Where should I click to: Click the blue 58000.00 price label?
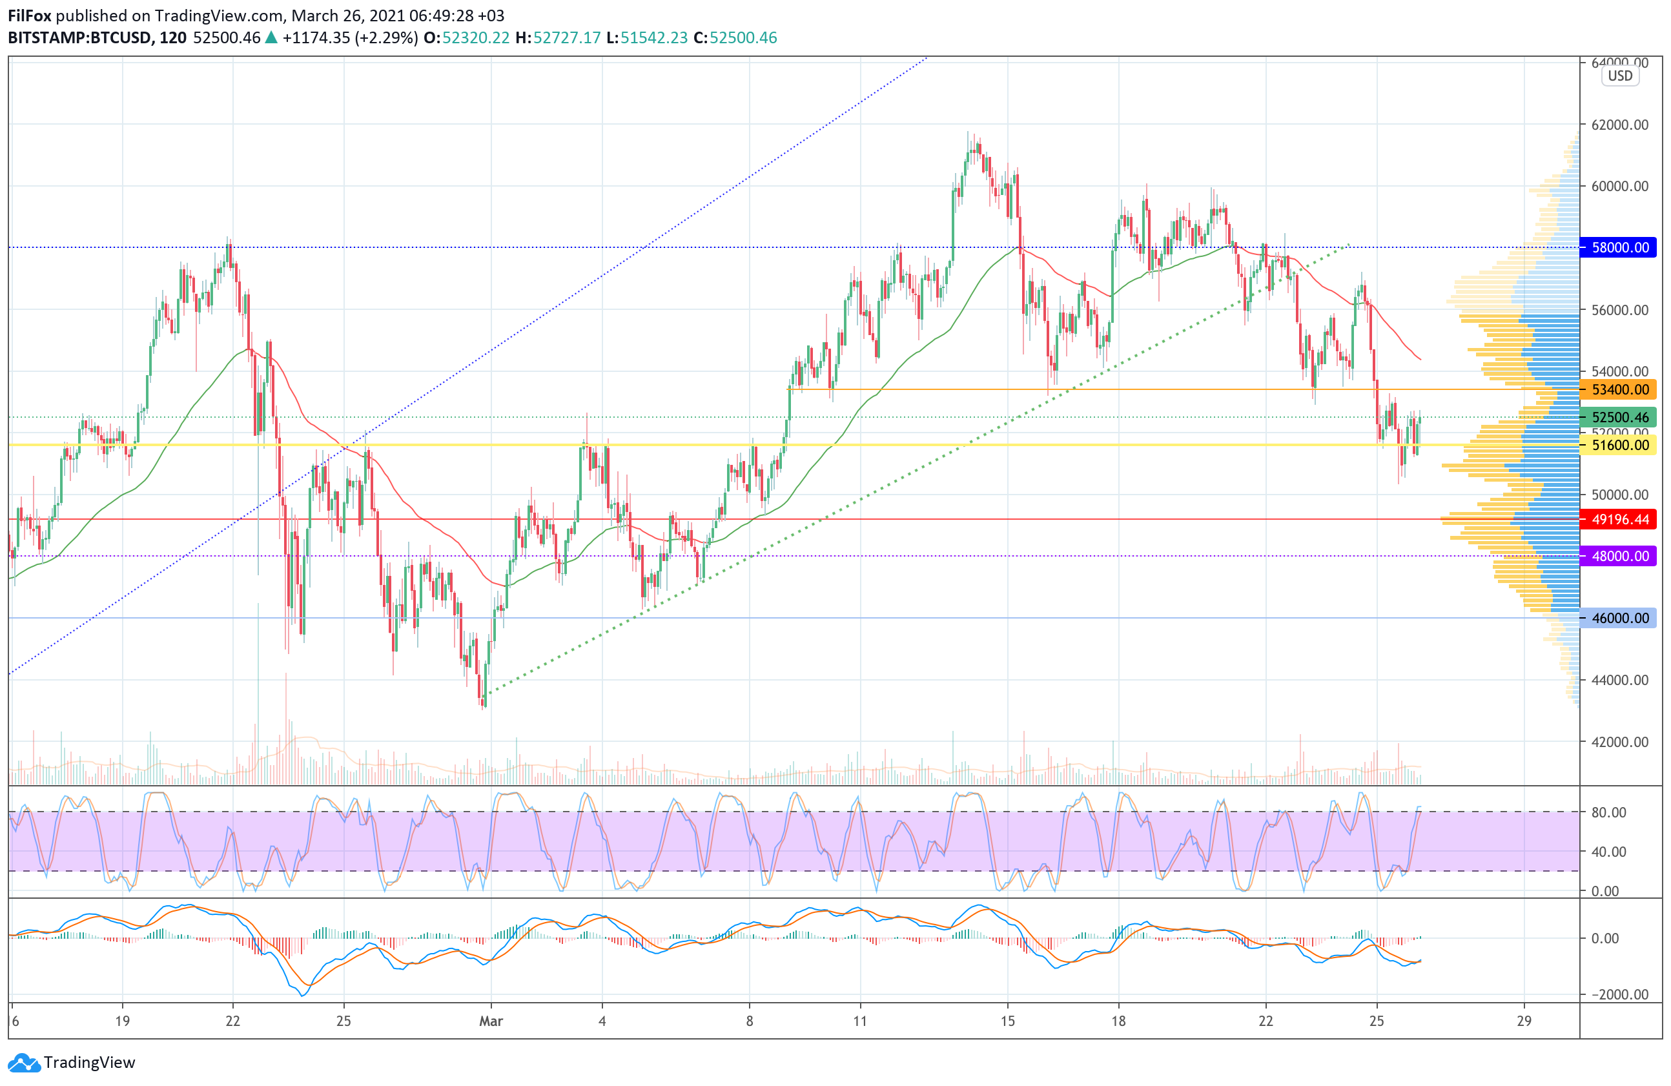point(1620,247)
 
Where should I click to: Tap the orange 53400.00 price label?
point(1620,389)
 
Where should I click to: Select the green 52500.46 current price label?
point(1620,417)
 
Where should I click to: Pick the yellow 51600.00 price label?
point(1620,445)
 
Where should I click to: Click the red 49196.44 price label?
point(1620,520)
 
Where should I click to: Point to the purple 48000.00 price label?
point(1620,556)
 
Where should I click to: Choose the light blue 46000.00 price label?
point(1620,619)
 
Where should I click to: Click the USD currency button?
point(1620,76)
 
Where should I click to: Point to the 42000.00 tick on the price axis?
point(1620,742)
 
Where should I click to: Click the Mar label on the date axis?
point(491,1021)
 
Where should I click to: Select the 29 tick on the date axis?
point(1524,1021)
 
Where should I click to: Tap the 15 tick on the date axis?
point(1007,1021)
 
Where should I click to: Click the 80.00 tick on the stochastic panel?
point(1608,812)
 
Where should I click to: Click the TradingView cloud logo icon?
point(24,1063)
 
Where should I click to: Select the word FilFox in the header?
point(30,15)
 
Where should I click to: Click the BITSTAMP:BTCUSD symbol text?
point(79,38)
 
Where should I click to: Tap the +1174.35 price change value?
point(316,38)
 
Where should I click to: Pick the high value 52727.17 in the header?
point(567,38)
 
